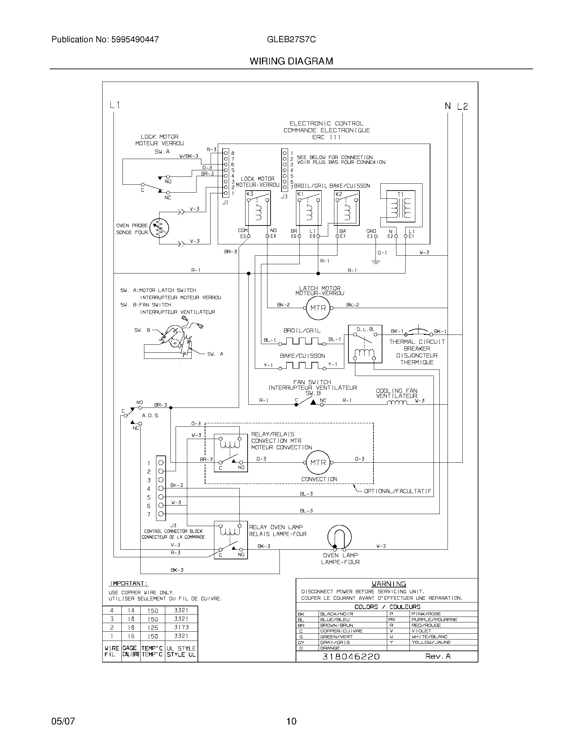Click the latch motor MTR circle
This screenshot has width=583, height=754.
318,308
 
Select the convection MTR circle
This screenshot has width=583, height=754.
318,462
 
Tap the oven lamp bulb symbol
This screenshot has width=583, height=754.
340,537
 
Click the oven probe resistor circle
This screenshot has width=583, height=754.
159,228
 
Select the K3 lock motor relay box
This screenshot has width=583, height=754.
258,208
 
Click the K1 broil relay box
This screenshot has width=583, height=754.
308,208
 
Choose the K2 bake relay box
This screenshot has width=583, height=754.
347,208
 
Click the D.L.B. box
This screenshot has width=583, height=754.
365,344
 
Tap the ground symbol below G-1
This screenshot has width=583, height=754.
376,262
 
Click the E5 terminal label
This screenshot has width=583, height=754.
243,236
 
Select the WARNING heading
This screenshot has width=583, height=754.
389,584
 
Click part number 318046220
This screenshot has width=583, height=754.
350,656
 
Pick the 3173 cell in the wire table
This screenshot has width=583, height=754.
181,627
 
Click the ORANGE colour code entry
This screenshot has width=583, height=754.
330,648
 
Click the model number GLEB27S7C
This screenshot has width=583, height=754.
291,39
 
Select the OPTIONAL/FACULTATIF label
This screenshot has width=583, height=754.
397,491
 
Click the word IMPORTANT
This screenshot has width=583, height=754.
129,583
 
